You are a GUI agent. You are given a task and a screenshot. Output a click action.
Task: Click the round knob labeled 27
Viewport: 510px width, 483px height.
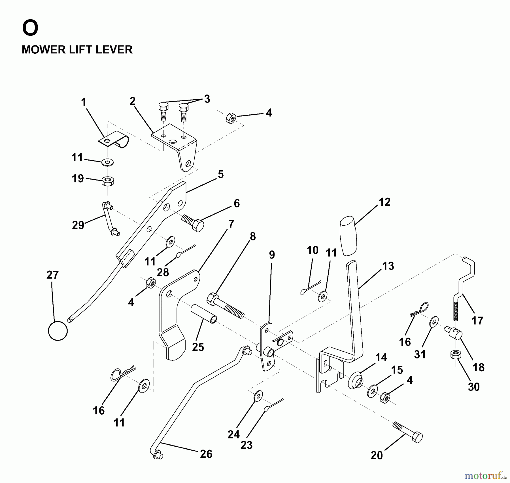click(x=58, y=331)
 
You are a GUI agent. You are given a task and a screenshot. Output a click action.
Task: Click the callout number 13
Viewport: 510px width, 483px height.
click(x=388, y=266)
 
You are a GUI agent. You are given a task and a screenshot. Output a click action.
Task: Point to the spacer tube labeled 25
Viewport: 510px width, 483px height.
click(x=204, y=314)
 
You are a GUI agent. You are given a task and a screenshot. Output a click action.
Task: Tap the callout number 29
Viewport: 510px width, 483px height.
click(x=78, y=225)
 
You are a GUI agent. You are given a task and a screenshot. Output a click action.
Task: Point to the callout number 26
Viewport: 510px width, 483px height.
click(x=206, y=454)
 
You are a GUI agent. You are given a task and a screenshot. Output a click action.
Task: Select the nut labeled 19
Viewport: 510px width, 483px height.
click(x=108, y=181)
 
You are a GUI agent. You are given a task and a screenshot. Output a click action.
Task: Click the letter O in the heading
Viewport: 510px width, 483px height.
click(x=30, y=28)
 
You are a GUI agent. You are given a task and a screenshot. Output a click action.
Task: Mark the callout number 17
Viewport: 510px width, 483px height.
click(x=477, y=321)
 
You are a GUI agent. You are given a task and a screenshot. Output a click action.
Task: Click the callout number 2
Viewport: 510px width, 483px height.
click(x=132, y=101)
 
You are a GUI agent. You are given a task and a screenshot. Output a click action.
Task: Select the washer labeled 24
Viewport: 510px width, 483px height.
click(x=258, y=396)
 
